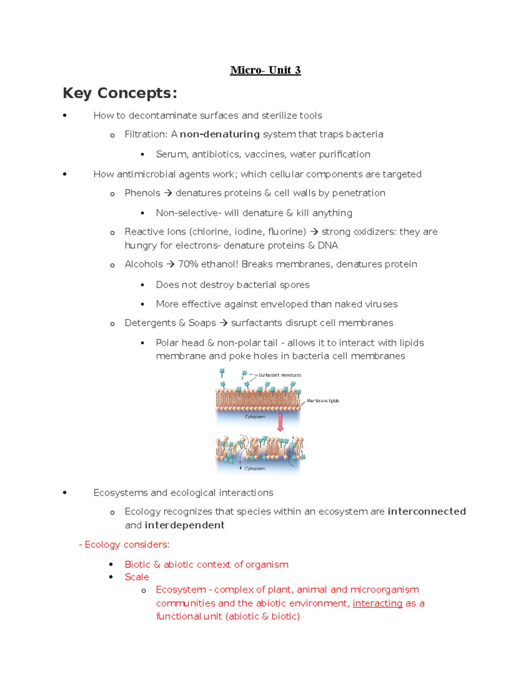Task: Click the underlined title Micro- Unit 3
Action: point(265,70)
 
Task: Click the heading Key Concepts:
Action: point(120,93)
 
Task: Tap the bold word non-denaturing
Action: point(219,134)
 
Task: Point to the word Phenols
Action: point(142,193)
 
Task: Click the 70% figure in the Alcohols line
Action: point(188,265)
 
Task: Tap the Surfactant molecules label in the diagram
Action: point(280,375)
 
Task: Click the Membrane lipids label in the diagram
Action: point(323,401)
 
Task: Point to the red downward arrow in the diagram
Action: point(280,422)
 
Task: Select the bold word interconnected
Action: point(427,512)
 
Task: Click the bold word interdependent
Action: point(185,526)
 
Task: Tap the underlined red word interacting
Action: point(377,603)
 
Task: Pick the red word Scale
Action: point(137,577)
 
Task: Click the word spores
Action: point(295,285)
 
